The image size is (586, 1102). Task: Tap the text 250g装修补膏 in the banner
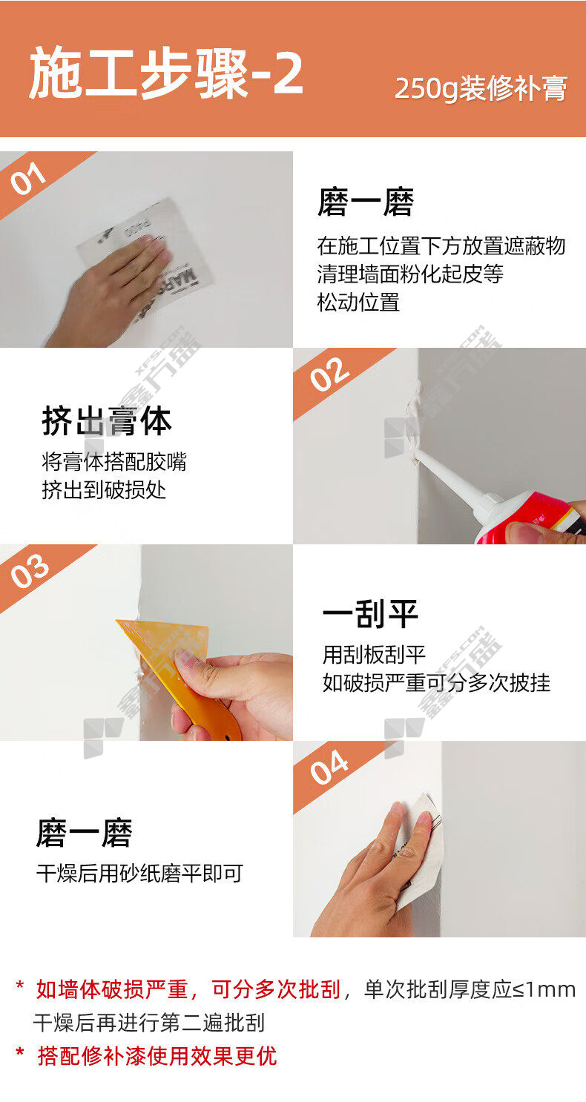481,88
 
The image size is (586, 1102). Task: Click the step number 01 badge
27,179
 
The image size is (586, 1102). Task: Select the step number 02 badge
329,375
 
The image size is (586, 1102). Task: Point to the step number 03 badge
30,571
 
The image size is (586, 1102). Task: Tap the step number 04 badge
329,768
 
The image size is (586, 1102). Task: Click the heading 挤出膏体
107,422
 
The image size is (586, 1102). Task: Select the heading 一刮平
370,614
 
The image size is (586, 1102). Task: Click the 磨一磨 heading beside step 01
366,202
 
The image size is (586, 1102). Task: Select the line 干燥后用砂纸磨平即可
139,874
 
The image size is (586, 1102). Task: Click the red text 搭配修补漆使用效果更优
157,1055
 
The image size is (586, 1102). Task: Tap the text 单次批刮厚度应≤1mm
470,989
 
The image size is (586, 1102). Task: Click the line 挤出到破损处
104,490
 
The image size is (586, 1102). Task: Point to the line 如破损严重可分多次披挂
436,682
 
